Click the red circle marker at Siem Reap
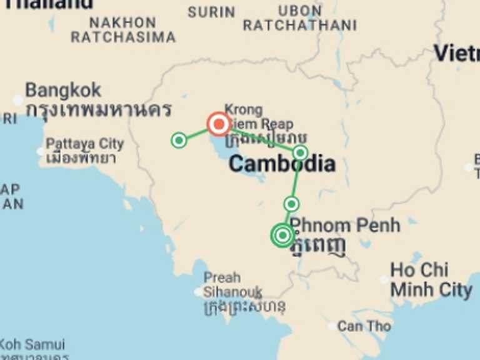[x=219, y=124]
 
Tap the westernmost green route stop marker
[x=179, y=140]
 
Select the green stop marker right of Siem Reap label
[x=300, y=152]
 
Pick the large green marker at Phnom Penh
[x=282, y=235]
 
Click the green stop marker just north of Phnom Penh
[x=291, y=204]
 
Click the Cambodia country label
[x=281, y=164]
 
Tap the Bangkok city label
[x=62, y=91]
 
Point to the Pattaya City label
[x=84, y=144]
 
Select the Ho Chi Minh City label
[x=431, y=280]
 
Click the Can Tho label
[x=364, y=326]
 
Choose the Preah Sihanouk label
[x=232, y=285]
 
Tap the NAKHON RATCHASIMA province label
[x=122, y=30]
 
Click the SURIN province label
[x=211, y=12]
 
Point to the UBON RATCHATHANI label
[x=299, y=18]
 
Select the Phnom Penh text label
[x=345, y=225]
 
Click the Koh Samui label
[x=32, y=344]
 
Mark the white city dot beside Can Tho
[x=332, y=326]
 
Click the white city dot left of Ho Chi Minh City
[x=384, y=279]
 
